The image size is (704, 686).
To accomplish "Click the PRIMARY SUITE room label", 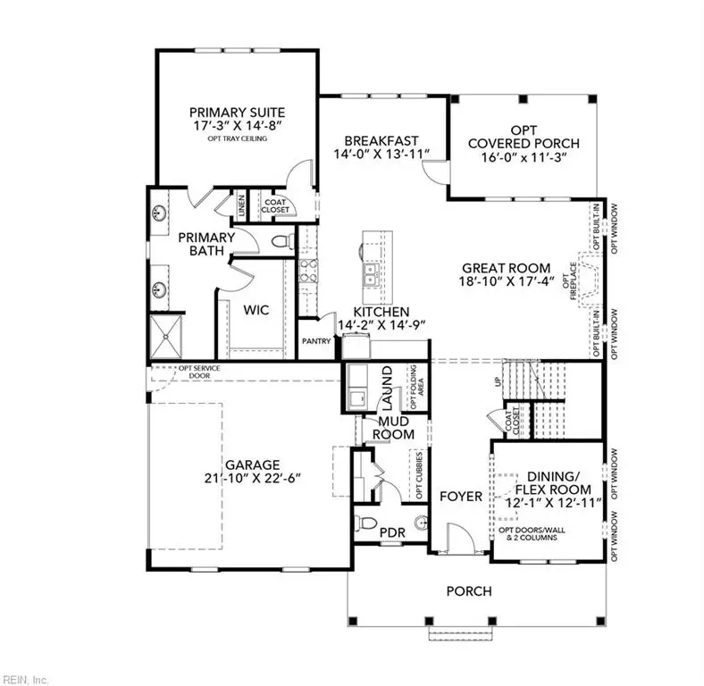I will (237, 112).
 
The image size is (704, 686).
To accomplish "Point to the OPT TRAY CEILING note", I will (237, 139).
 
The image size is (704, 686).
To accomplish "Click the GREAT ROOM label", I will (508, 268).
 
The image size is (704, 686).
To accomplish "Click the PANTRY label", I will (316, 340).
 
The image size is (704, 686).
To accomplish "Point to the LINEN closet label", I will (241, 206).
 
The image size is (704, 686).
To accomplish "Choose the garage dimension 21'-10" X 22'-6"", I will (253, 479).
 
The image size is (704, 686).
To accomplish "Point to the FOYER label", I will (461, 497).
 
